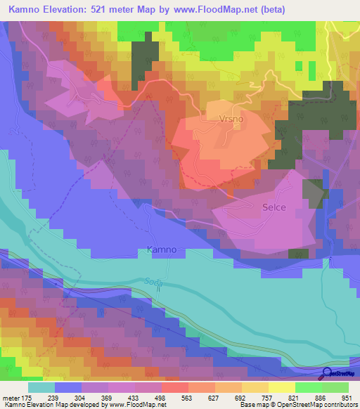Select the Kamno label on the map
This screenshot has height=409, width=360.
(x=161, y=249)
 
